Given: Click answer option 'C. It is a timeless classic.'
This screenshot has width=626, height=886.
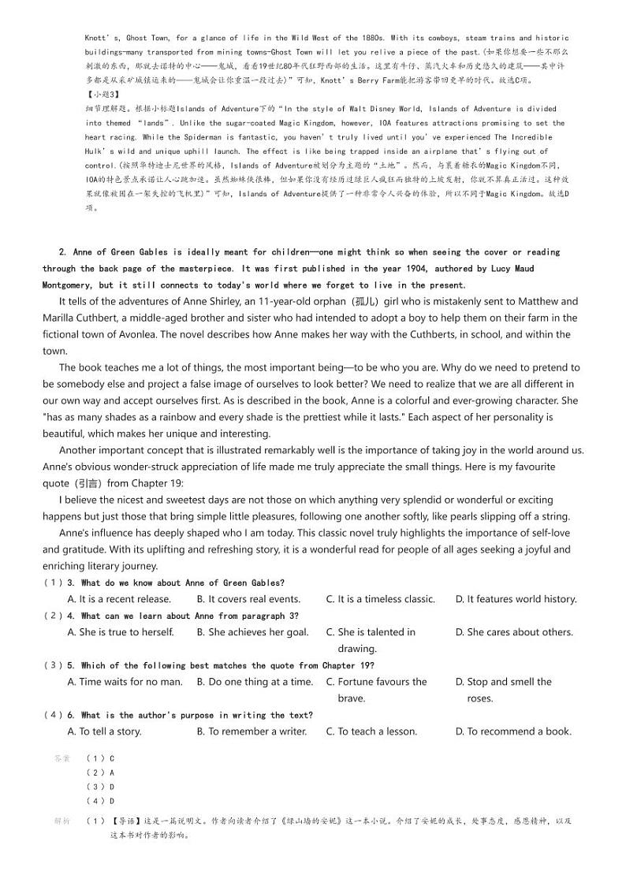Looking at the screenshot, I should click(380, 599).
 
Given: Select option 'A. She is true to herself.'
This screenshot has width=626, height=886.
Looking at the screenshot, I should click(121, 632).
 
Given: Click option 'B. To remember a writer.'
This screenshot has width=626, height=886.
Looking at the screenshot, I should click(252, 732).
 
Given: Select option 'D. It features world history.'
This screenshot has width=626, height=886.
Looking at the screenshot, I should click(516, 599).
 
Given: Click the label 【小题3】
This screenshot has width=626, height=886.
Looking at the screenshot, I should click(100, 95).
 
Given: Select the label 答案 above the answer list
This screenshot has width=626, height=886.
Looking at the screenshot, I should click(62, 758).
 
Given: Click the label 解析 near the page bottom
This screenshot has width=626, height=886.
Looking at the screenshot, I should click(62, 821).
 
